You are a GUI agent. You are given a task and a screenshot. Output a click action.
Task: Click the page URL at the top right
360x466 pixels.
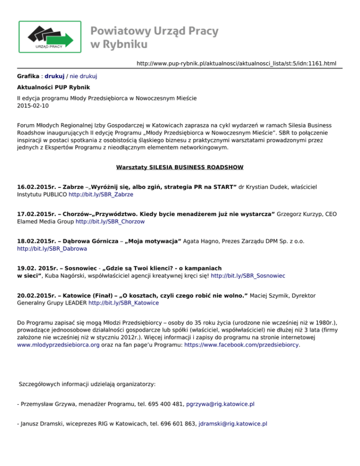click(236, 63)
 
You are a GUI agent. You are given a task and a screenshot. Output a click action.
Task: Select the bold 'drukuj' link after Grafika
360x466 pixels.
click(54, 75)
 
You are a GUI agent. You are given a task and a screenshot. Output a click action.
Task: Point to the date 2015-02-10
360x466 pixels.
click(32, 106)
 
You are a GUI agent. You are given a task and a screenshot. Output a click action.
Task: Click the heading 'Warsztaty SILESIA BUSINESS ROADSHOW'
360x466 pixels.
click(180, 167)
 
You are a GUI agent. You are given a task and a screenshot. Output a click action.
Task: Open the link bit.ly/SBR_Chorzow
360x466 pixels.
click(110, 221)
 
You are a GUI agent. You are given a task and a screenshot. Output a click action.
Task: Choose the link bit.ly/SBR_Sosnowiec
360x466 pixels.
click(248, 276)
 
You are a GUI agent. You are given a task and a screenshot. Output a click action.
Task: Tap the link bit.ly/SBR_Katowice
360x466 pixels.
click(123, 303)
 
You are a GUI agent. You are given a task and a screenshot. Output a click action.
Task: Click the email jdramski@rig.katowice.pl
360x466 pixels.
click(233, 423)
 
